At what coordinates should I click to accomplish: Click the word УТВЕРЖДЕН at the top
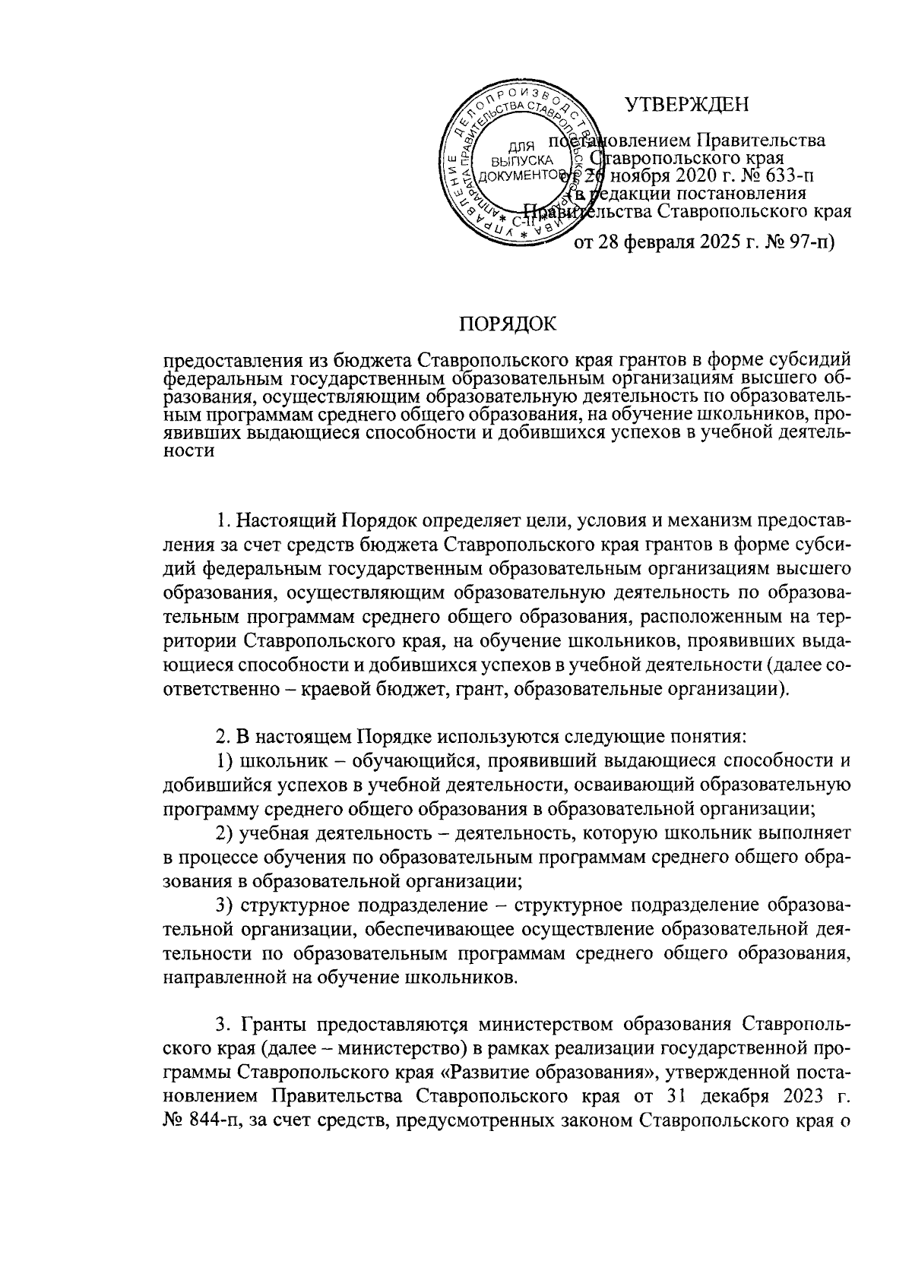687,104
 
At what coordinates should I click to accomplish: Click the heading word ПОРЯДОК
507,325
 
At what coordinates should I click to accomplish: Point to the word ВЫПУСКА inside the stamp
520,161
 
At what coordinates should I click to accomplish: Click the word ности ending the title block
189,451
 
